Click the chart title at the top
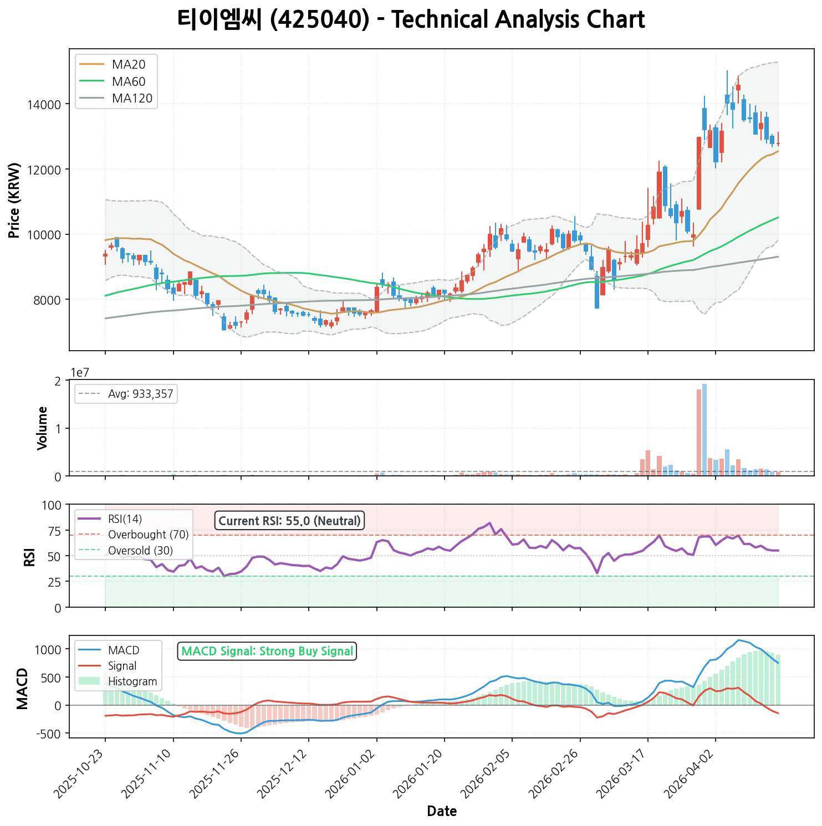pos(411,20)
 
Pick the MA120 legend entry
pos(132,99)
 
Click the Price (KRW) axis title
pos(15,201)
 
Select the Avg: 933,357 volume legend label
pos(140,394)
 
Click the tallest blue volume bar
pos(704,429)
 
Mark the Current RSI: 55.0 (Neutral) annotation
pos(289,521)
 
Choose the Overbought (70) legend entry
pos(148,535)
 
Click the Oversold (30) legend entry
pos(140,551)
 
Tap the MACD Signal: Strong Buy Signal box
pos(267,651)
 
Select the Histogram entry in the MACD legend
pos(132,681)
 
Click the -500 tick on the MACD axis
pos(52,733)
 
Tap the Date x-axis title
pos(442,812)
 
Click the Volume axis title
pos(43,428)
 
